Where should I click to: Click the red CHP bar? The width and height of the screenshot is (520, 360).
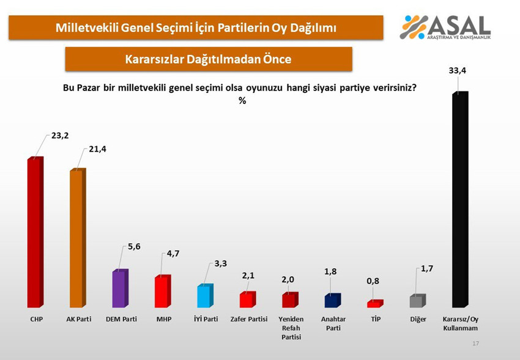pos(35,233)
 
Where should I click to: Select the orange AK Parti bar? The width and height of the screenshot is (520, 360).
pos(77,238)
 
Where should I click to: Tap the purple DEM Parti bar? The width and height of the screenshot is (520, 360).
pos(120,288)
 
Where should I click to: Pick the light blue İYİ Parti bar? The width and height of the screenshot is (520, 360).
pos(204,296)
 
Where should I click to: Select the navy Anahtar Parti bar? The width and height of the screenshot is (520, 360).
pos(332,301)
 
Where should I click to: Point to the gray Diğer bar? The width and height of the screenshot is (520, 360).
pos(417,301)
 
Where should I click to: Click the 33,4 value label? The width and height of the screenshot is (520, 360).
pos(457,72)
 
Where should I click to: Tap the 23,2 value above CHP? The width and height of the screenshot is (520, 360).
pos(59,135)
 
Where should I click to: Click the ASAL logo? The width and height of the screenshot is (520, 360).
pos(445,26)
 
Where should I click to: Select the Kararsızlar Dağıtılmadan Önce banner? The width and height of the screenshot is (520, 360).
pos(208,59)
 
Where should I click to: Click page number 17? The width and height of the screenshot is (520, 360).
pos(475,344)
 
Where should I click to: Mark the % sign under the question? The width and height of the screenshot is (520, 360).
pos(242,101)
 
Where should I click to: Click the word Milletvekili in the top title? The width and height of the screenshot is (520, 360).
pos(89,28)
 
